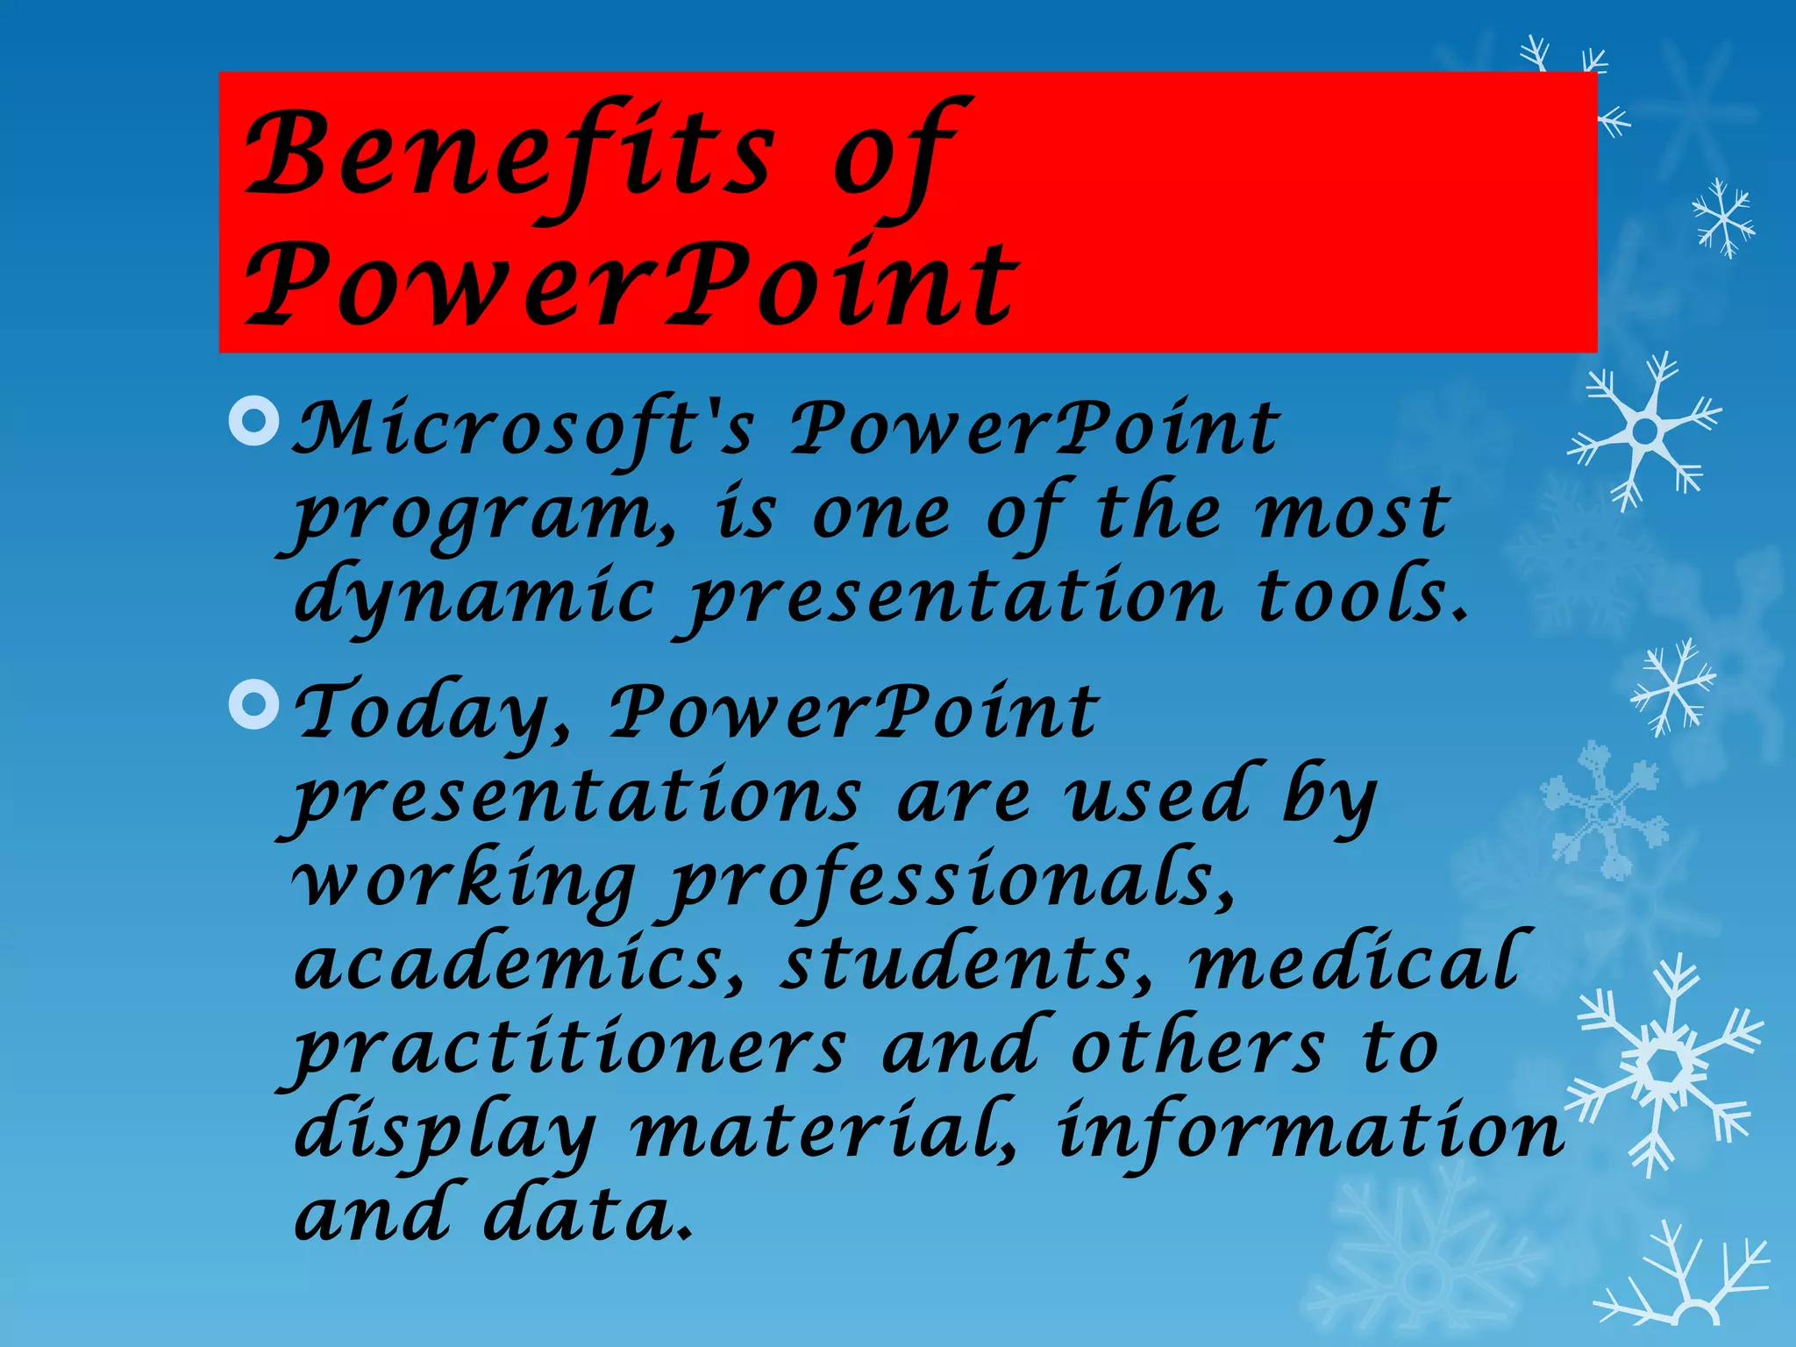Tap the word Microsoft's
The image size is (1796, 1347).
[523, 430]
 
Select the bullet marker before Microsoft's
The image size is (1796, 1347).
[253, 421]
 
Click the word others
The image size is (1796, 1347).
[1197, 1048]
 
